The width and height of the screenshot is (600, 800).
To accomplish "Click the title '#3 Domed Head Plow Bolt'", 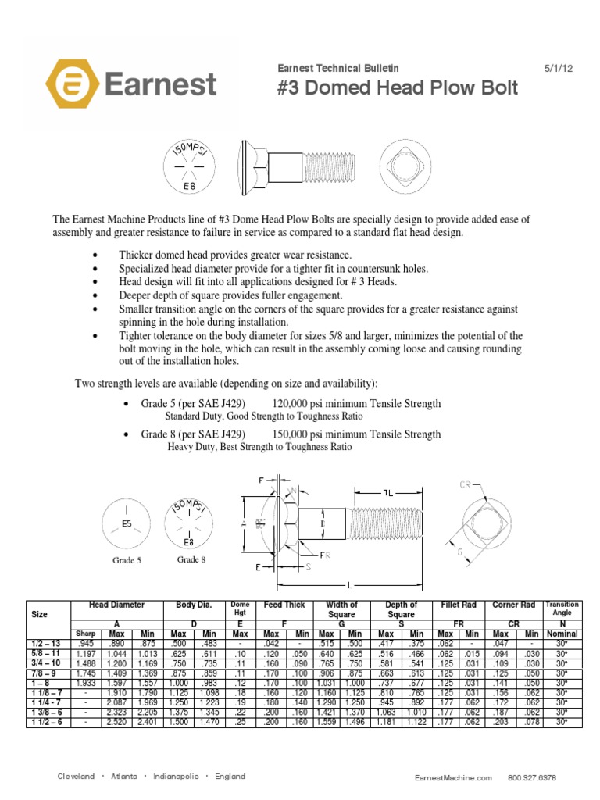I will coord(398,87).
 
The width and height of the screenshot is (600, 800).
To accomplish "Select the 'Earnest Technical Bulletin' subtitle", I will coord(337,69).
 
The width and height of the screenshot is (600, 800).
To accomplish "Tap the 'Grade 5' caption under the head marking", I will coord(127,560).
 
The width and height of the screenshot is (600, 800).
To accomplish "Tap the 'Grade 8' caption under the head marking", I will coord(191,559).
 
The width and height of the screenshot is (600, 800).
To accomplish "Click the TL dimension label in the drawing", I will coord(387,493).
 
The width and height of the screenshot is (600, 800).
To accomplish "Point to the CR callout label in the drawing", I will coord(466,484).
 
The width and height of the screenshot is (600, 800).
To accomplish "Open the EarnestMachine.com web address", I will coord(453,778).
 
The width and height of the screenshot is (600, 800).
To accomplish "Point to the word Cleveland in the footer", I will coord(80,777).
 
